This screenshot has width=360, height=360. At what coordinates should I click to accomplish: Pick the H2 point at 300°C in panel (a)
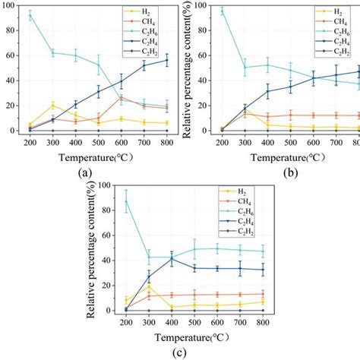(52, 105)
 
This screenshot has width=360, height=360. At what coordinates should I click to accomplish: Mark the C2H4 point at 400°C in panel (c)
(172, 259)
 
